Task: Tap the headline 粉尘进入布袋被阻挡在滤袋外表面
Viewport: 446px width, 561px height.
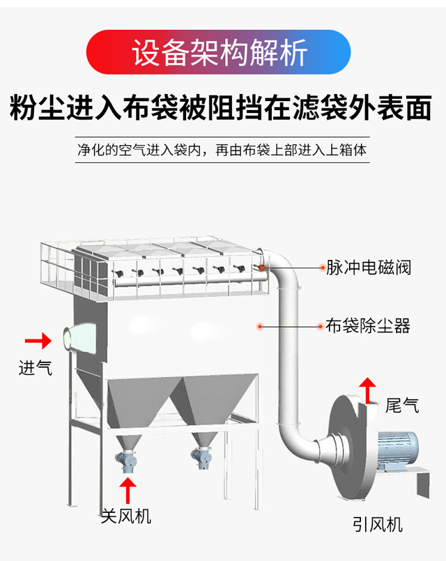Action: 223,110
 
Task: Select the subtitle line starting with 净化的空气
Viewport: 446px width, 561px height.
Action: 222,149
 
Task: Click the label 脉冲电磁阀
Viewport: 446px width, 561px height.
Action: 369,268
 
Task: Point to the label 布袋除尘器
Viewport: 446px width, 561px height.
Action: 369,325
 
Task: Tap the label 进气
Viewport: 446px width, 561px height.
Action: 35,367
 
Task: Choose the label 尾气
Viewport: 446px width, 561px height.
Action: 402,404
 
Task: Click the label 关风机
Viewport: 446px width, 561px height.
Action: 126,516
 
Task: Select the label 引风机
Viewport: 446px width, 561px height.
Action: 377,524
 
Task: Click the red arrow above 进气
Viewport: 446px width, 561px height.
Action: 38,341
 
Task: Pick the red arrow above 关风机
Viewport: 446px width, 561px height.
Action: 127,489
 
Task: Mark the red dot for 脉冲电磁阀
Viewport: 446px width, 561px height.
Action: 263,267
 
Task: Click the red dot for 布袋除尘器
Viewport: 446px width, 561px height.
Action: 260,325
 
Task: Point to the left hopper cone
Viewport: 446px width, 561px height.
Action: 140,408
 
